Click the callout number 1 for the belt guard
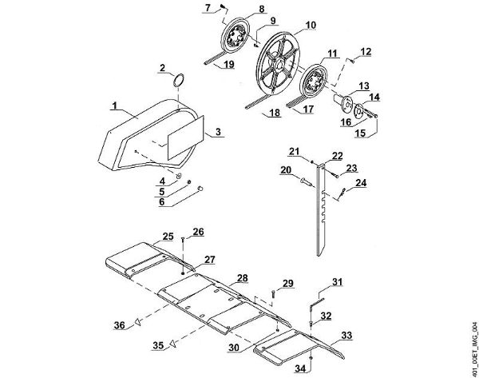tap(114, 105)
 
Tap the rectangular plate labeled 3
tap(185, 137)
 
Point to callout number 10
tap(311, 25)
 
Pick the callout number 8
tap(261, 9)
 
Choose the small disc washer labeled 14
tap(359, 111)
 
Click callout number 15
tap(360, 133)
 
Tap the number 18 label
tap(275, 113)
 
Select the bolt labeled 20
tap(305, 182)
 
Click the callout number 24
tap(361, 183)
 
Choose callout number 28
tap(243, 278)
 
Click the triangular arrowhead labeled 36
tap(138, 322)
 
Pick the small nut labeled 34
tap(311, 358)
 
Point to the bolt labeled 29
tap(273, 293)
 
